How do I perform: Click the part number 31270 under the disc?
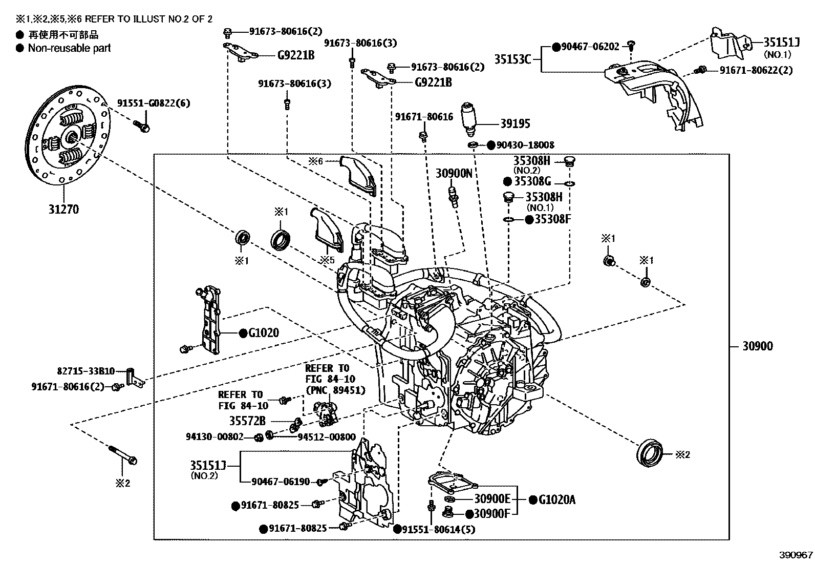coord(63,209)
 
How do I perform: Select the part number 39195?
coord(515,123)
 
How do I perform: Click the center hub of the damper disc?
coord(71,137)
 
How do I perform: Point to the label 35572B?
coord(247,421)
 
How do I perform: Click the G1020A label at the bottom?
coord(556,499)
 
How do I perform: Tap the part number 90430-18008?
coord(525,145)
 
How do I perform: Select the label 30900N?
coord(454,173)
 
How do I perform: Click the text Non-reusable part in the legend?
coord(69,48)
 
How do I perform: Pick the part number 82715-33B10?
coord(85,370)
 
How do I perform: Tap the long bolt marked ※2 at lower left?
coord(122,455)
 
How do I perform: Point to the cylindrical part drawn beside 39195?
coord(469,117)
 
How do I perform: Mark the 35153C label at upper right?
coord(512,59)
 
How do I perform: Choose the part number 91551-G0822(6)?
coord(154,103)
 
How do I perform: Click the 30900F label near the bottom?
coord(492,513)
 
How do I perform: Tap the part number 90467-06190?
coord(281,482)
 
